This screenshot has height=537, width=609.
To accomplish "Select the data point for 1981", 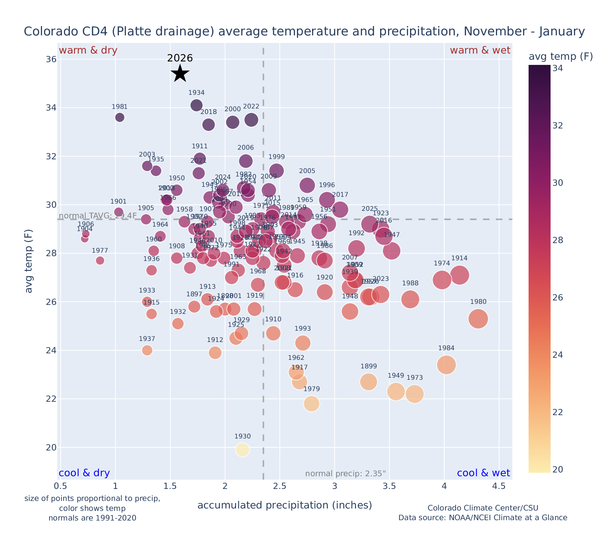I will click(x=120, y=117).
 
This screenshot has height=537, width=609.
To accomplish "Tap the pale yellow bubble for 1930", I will click(x=243, y=450).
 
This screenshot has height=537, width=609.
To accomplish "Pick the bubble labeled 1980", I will click(x=478, y=319).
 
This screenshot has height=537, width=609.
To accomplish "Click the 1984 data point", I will click(x=446, y=365).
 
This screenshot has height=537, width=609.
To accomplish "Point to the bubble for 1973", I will click(x=414, y=394).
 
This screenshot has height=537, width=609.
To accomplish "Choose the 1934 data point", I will click(x=196, y=105).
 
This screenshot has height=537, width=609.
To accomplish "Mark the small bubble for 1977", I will click(x=100, y=261).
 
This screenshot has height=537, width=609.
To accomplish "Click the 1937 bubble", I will click(x=147, y=350).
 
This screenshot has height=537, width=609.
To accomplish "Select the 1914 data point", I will click(x=459, y=275).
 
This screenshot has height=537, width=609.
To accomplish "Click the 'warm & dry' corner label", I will click(x=88, y=50).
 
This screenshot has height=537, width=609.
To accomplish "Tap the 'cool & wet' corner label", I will click(x=483, y=473).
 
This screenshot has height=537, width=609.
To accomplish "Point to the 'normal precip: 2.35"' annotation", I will click(x=345, y=474).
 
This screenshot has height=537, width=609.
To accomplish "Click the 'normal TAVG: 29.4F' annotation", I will click(x=98, y=216).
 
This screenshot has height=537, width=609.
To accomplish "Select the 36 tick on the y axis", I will click(x=51, y=59).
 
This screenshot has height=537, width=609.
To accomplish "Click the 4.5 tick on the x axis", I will click(x=499, y=486).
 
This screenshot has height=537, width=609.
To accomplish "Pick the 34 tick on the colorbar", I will click(x=557, y=69).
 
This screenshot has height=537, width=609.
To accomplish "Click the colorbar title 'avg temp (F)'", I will click(x=561, y=57).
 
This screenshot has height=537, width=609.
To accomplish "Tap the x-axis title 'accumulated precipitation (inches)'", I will click(x=285, y=505).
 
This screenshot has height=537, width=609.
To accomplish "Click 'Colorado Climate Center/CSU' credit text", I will click(x=483, y=508).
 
